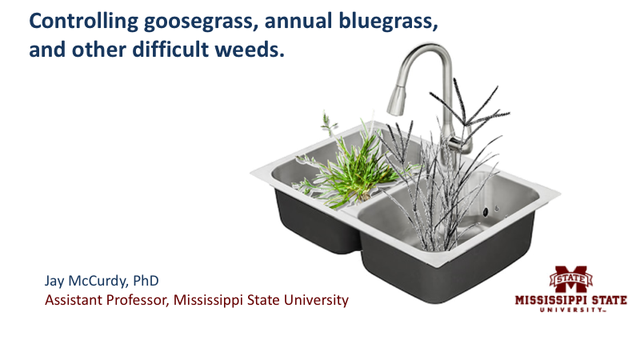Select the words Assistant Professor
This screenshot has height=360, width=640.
(x=95, y=301)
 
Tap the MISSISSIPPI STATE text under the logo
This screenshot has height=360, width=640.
(x=570, y=302)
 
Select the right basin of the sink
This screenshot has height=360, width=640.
(x=448, y=240)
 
